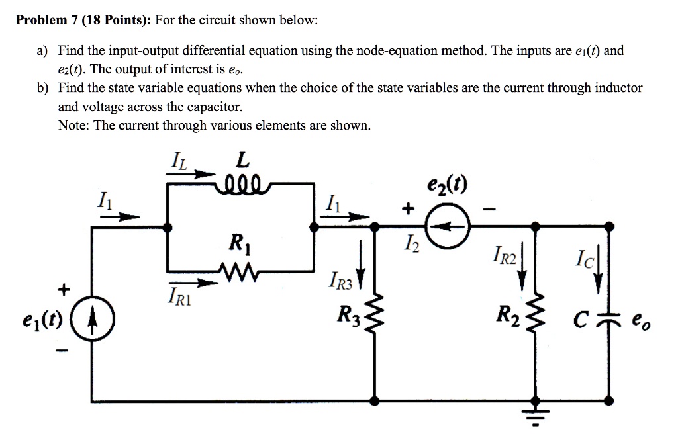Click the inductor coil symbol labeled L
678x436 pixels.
242,183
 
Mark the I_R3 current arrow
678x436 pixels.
361,265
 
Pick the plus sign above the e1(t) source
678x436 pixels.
64,289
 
